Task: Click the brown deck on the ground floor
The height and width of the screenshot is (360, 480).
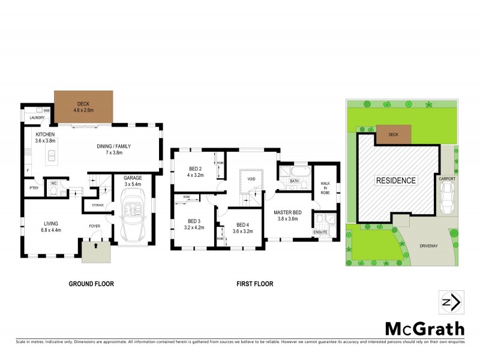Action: click(x=83, y=107)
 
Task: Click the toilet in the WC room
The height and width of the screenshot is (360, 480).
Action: click(x=54, y=190)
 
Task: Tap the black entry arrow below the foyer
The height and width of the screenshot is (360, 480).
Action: click(x=95, y=246)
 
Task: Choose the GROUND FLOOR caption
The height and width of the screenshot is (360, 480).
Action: click(x=91, y=284)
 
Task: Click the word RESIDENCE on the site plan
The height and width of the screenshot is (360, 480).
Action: click(x=395, y=180)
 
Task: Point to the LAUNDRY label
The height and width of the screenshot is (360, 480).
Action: click(x=37, y=118)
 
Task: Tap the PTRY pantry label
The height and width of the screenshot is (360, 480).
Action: click(x=34, y=188)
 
